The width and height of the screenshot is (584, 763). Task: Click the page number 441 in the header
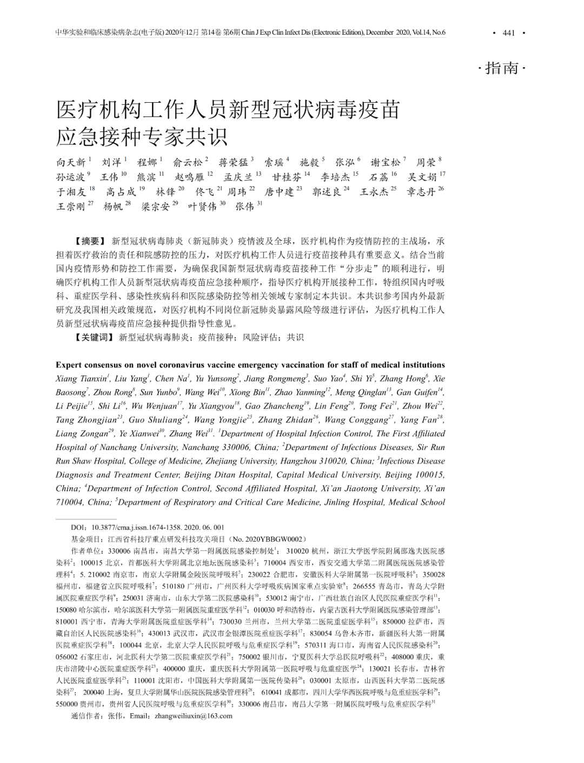pyautogui.click(x=508, y=33)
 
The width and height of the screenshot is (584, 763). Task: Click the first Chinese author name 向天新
pyautogui.click(x=71, y=162)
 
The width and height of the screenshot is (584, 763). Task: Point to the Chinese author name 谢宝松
pyautogui.click(x=385, y=162)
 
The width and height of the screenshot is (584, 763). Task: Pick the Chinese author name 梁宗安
pyautogui.click(x=155, y=206)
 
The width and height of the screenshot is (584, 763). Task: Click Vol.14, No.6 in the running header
pyautogui.click(x=429, y=33)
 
